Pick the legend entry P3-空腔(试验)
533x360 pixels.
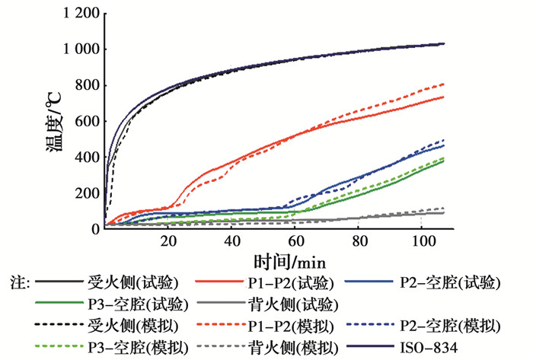122,304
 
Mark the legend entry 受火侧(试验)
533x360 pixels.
122,284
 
